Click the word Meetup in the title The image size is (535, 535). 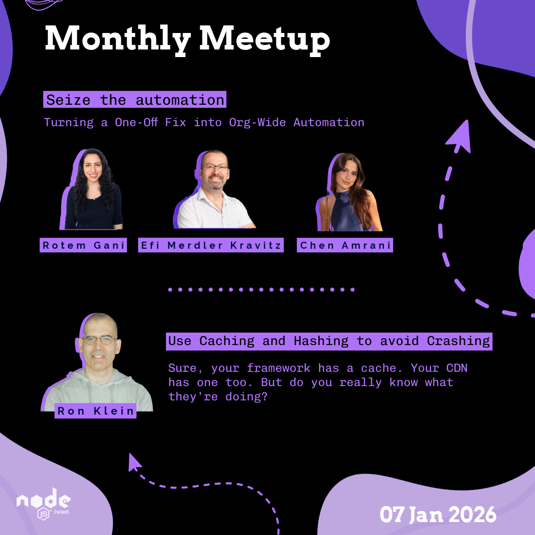(265, 40)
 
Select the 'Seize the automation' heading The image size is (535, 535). (135, 99)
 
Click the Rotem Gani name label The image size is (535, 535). (83, 245)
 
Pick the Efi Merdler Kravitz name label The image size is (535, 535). (211, 245)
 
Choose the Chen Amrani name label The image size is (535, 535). (345, 245)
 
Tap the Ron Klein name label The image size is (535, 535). (95, 411)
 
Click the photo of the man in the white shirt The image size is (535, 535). (214, 189)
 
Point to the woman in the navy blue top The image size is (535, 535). (349, 192)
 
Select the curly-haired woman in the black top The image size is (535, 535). (92, 189)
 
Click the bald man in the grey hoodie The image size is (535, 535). (97, 362)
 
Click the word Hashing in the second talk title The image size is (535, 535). (321, 341)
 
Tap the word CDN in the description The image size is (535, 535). (457, 368)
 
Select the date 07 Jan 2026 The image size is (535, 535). (438, 514)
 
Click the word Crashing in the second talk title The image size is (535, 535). (458, 341)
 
